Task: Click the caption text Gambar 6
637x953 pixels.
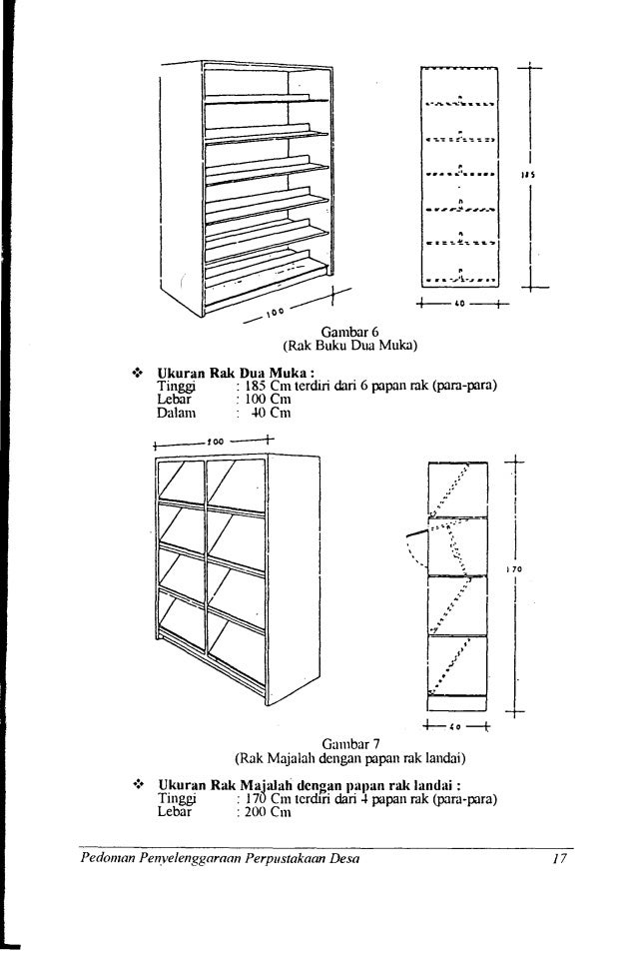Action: (348, 332)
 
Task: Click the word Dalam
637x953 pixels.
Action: (178, 412)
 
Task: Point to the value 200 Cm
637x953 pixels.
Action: (264, 812)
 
